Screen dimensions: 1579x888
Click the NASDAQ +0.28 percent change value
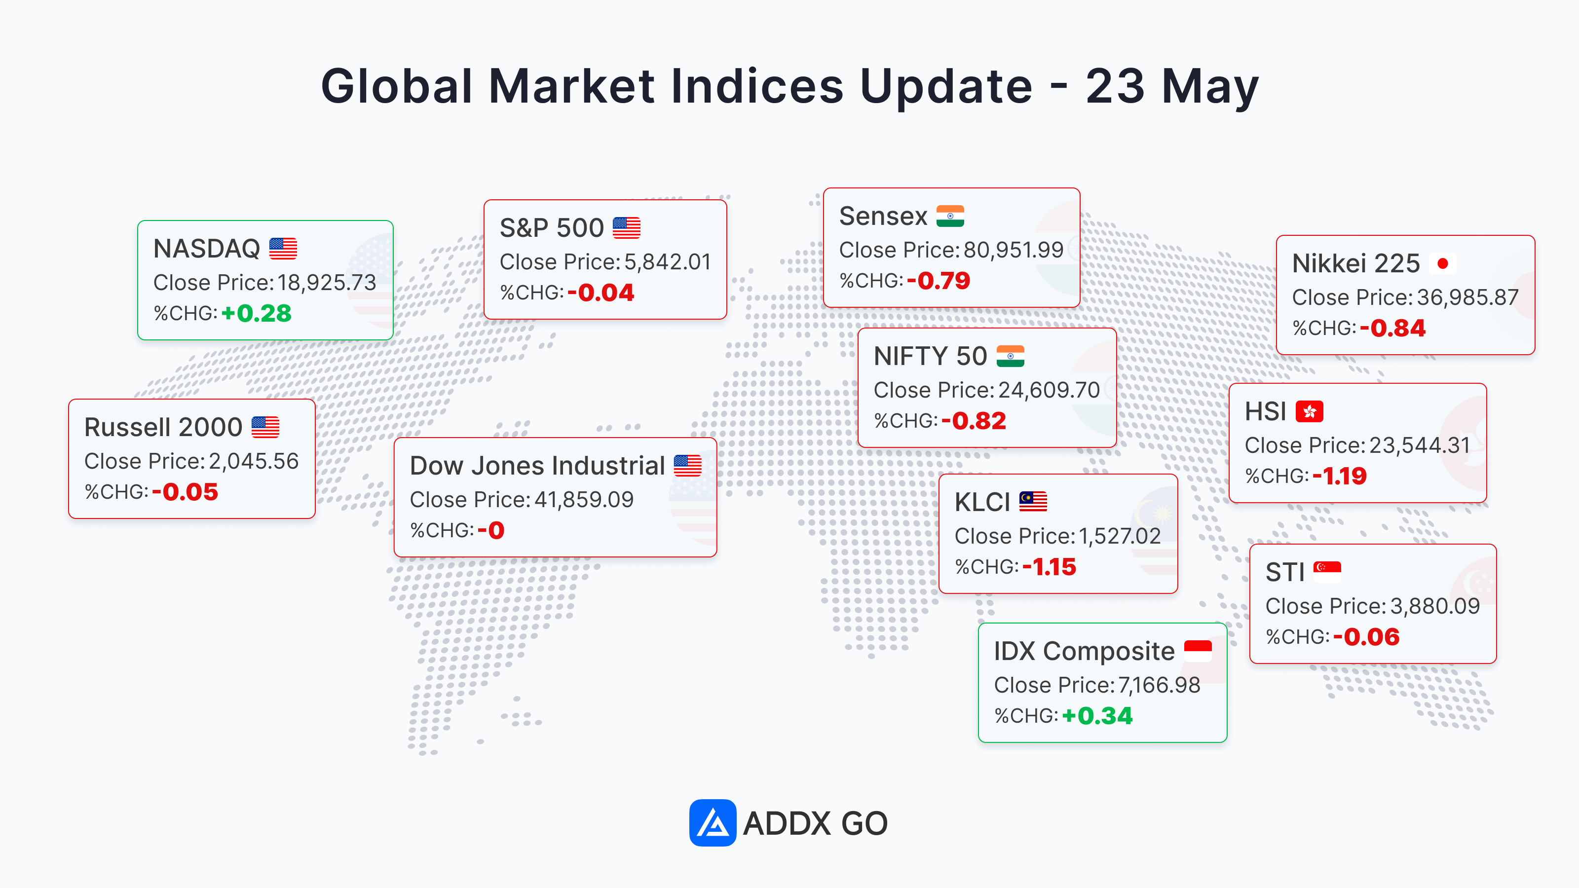(256, 313)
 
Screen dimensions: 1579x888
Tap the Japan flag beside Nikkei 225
(1442, 263)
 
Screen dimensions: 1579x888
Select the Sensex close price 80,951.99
(1013, 250)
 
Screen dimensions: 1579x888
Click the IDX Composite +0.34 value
(1097, 716)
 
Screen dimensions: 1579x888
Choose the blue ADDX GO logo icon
(712, 822)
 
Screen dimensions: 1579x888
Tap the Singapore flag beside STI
(1327, 572)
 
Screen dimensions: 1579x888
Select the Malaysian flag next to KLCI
(1033, 501)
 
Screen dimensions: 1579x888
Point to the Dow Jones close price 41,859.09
(584, 499)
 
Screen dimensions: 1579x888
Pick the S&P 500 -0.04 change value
(601, 293)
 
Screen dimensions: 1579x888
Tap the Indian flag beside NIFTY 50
(1010, 356)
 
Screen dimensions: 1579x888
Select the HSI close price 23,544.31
(1420, 445)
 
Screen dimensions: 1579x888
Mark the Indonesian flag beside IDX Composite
(1198, 651)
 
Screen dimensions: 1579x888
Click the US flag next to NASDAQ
(283, 249)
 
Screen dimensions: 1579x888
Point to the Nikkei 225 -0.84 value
(1392, 328)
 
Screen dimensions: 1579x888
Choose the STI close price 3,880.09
(1435, 606)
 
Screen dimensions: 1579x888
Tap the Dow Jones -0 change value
(491, 530)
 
